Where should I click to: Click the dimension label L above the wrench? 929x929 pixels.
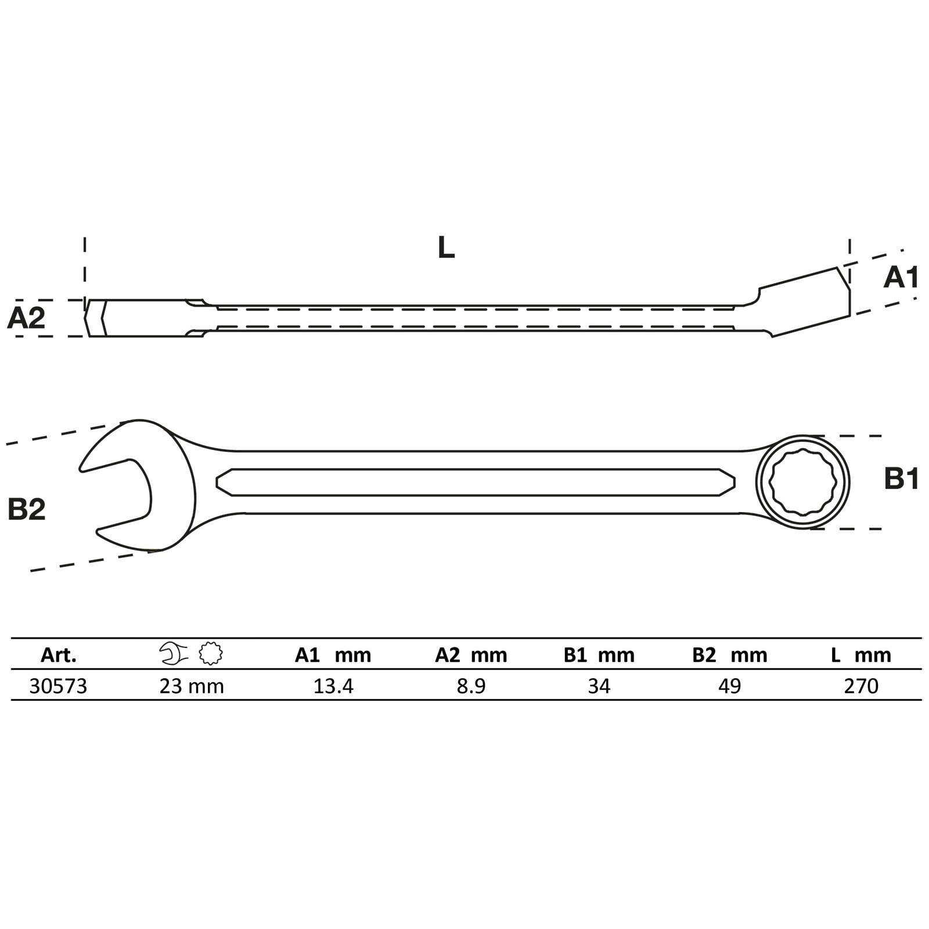point(446,247)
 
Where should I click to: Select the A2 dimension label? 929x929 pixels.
point(26,319)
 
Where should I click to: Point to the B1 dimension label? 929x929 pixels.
point(902,479)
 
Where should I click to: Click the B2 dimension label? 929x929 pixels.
point(27,509)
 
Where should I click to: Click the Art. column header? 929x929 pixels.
point(59,655)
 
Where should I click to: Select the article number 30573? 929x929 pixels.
point(58,686)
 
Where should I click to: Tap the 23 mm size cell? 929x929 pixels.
point(192,686)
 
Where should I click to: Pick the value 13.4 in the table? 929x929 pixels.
point(333,686)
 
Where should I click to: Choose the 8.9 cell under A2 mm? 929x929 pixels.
point(471,686)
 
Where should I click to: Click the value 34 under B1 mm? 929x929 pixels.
point(599,686)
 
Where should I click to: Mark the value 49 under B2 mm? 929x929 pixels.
point(730,686)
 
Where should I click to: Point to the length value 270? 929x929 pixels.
point(861,686)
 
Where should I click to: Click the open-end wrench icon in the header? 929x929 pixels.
point(174,654)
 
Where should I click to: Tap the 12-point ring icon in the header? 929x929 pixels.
point(211,654)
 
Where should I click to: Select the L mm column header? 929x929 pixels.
point(860,655)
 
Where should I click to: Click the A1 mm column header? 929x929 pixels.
point(333,655)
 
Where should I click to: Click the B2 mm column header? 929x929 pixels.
point(730,655)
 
